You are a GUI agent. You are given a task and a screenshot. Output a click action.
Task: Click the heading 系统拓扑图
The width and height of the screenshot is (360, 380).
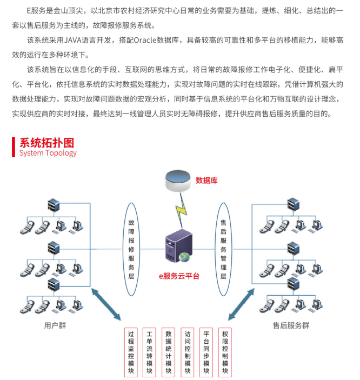pyautogui.click(x=46, y=143)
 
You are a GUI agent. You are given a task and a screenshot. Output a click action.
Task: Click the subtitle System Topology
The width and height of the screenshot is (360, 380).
pyautogui.click(x=48, y=153)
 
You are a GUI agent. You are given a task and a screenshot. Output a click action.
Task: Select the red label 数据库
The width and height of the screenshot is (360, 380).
pyautogui.click(x=206, y=181)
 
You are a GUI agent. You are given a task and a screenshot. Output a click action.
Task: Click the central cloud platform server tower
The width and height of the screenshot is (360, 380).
pyautogui.click(x=178, y=248)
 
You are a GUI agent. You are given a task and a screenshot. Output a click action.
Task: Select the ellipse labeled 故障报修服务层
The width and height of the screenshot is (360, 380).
pyautogui.click(x=131, y=249)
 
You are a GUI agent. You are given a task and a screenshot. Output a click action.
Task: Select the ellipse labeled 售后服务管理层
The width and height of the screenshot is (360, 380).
pyautogui.click(x=223, y=249)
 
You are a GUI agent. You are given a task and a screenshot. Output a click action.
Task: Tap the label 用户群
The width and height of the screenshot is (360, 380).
pyautogui.click(x=55, y=325)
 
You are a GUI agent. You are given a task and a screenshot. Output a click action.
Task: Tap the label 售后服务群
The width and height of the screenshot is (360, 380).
pyautogui.click(x=291, y=325)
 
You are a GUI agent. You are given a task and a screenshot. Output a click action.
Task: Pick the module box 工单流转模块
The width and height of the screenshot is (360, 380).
pyautogui.click(x=150, y=352)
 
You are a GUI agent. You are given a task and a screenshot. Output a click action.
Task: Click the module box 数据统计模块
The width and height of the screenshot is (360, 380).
pyautogui.click(x=169, y=352)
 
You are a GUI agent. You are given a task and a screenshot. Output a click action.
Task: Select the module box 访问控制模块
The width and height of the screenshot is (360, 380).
pyautogui.click(x=188, y=352)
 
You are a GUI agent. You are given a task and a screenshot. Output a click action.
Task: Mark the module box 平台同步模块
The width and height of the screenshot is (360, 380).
pyautogui.click(x=206, y=352)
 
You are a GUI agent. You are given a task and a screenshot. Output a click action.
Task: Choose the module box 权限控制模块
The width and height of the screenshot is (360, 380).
pyautogui.click(x=225, y=352)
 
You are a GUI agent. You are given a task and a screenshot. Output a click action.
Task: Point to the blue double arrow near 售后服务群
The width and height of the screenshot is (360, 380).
pyautogui.click(x=241, y=305)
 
